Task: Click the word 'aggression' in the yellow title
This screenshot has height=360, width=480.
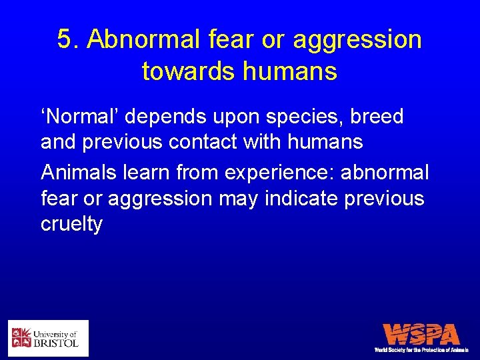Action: tap(357, 40)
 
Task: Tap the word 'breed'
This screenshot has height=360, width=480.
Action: tap(379, 117)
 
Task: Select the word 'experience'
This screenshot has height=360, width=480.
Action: tap(280, 173)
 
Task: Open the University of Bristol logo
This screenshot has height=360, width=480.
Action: tap(48, 338)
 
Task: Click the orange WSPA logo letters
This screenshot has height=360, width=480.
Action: tap(421, 335)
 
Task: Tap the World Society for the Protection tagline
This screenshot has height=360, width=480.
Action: tap(421, 349)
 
